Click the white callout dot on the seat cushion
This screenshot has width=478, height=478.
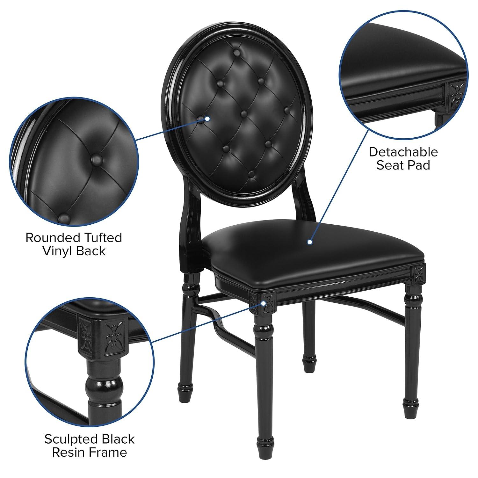[309, 243]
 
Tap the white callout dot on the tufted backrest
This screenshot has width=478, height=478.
[207, 119]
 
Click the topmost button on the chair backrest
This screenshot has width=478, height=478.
[237, 53]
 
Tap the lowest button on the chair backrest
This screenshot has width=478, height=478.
[251, 174]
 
